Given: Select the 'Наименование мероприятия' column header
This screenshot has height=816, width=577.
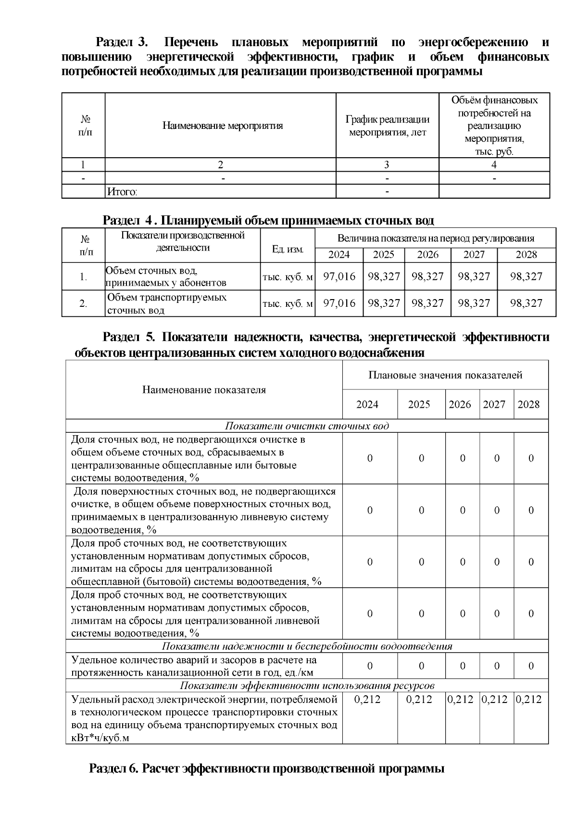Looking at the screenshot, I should click(x=222, y=126).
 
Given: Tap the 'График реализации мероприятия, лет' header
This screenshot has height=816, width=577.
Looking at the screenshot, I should click(x=387, y=126).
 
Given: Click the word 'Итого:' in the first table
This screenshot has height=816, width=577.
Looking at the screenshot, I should click(x=122, y=192).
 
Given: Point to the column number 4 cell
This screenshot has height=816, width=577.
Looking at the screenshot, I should click(x=494, y=165).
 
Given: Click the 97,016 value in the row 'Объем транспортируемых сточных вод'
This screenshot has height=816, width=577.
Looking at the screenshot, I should click(x=339, y=303).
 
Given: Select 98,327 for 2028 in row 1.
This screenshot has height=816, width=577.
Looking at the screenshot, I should click(x=526, y=276).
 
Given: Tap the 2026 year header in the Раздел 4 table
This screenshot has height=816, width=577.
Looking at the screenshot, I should click(x=427, y=255).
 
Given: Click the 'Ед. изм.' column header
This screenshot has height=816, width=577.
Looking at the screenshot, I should click(x=288, y=249).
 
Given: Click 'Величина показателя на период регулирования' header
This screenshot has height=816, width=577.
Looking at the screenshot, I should click(x=436, y=239).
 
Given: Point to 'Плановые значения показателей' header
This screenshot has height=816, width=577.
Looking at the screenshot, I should click(x=445, y=375).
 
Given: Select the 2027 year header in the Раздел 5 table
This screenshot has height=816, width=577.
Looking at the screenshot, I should click(x=494, y=404).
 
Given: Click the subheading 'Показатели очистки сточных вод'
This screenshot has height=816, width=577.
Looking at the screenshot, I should click(x=307, y=426).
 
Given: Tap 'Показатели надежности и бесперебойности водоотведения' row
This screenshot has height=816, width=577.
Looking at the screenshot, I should click(x=307, y=646).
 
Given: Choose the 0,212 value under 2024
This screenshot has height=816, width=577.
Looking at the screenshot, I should click(x=367, y=700).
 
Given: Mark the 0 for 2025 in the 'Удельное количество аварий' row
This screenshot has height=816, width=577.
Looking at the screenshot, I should click(x=421, y=666).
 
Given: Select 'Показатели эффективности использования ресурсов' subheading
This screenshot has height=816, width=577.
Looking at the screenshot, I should click(x=307, y=685).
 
